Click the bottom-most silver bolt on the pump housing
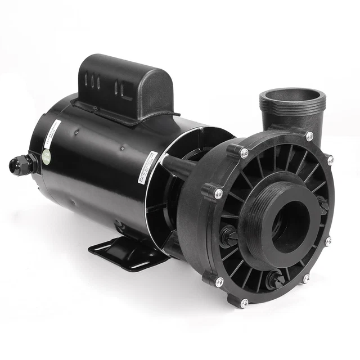click(x=244, y=303)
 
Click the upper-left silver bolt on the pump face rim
click(x=244, y=152)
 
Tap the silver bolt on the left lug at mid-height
click(x=218, y=193)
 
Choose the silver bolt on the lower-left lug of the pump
click(x=219, y=281)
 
